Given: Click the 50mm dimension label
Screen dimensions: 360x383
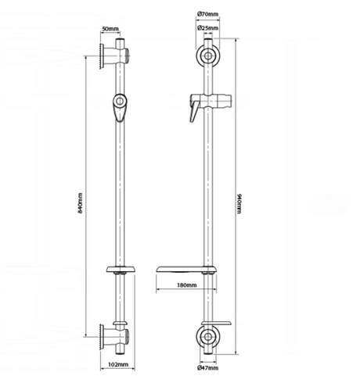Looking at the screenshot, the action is [110, 29].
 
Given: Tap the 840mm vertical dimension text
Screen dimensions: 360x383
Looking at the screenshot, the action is [81, 203].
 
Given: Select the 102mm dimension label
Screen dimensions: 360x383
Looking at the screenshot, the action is [118, 364].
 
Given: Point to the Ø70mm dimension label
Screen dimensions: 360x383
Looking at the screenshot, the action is [207, 14].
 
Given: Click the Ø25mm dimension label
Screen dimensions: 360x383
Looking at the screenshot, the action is [207, 27].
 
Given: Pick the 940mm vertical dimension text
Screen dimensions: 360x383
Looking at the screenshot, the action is [239, 203].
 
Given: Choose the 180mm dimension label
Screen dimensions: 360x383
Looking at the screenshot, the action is [187, 285].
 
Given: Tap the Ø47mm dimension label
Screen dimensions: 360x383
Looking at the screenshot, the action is [207, 367].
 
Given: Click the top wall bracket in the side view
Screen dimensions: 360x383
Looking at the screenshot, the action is [114, 55].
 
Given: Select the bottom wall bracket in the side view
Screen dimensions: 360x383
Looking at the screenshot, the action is [114, 337].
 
